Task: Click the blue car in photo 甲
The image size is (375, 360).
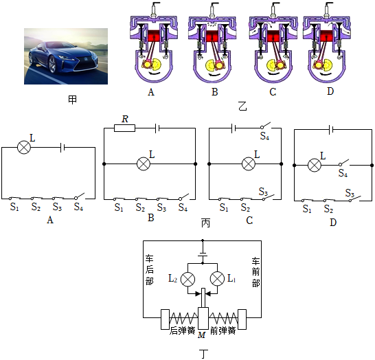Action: tap(62, 57)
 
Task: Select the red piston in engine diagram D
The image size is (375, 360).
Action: tap(326, 36)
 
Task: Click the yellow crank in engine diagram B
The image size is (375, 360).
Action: tap(211, 65)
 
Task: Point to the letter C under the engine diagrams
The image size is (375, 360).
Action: tap(273, 92)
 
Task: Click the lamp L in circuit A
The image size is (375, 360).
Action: tap(24, 147)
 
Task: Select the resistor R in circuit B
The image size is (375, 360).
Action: tap(124, 128)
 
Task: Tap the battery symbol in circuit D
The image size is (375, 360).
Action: tap(331, 130)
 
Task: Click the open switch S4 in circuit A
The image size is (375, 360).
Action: tap(80, 196)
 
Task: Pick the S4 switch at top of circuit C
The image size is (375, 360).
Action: tap(266, 125)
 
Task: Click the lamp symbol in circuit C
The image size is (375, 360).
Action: tap(249, 164)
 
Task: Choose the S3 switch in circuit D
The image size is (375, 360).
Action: tap(354, 199)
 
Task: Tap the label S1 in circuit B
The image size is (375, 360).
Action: tap(119, 207)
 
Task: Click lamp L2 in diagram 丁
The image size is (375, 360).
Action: tap(187, 279)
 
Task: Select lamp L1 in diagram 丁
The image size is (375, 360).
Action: tap(217, 279)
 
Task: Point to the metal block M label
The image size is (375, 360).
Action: tap(202, 335)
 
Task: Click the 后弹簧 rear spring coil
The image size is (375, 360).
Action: tap(183, 318)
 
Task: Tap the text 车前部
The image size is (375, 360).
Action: tap(256, 272)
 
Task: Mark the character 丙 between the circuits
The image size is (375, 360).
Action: tap(205, 223)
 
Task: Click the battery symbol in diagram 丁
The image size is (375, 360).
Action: tap(203, 254)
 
